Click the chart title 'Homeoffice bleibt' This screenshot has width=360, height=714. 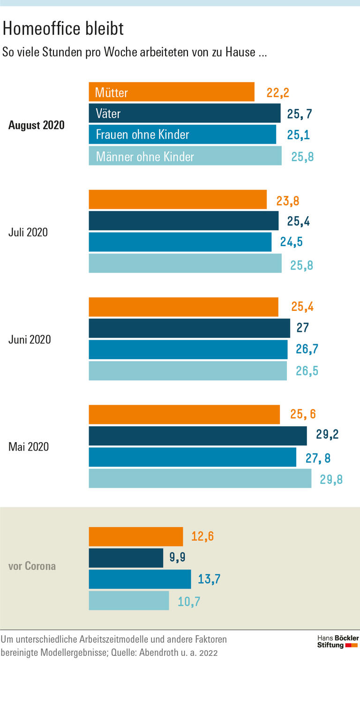pos(63,29)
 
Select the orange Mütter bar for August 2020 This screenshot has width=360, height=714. pos(172,92)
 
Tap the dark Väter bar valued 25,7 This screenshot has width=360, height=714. pos(185,113)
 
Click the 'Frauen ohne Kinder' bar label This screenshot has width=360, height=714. pos(142,135)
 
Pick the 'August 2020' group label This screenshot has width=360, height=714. pos(37,125)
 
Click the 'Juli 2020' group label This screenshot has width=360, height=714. pos(28,232)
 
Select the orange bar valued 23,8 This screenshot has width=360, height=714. pos(178,199)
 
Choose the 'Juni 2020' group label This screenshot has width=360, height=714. pos(30,339)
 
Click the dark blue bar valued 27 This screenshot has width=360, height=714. pos(189,328)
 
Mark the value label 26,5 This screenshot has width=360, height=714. pos(307,371)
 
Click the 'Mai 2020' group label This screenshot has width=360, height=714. pos(29,447)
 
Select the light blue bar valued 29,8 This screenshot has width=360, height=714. pos(200,478)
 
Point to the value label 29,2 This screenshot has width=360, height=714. pos(327,435)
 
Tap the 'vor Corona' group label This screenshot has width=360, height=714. pos(32,566)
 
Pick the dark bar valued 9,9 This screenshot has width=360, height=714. pos(126,558)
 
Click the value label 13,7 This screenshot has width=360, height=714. pos(209,579)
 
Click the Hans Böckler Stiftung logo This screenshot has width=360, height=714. pos(337,642)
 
